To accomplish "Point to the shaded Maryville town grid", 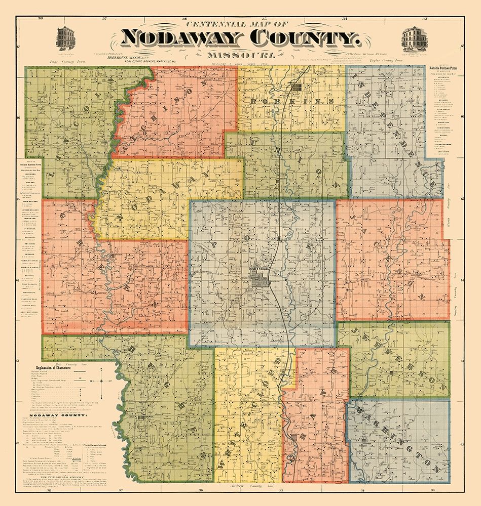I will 262,280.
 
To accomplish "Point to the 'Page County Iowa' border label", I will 66,61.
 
